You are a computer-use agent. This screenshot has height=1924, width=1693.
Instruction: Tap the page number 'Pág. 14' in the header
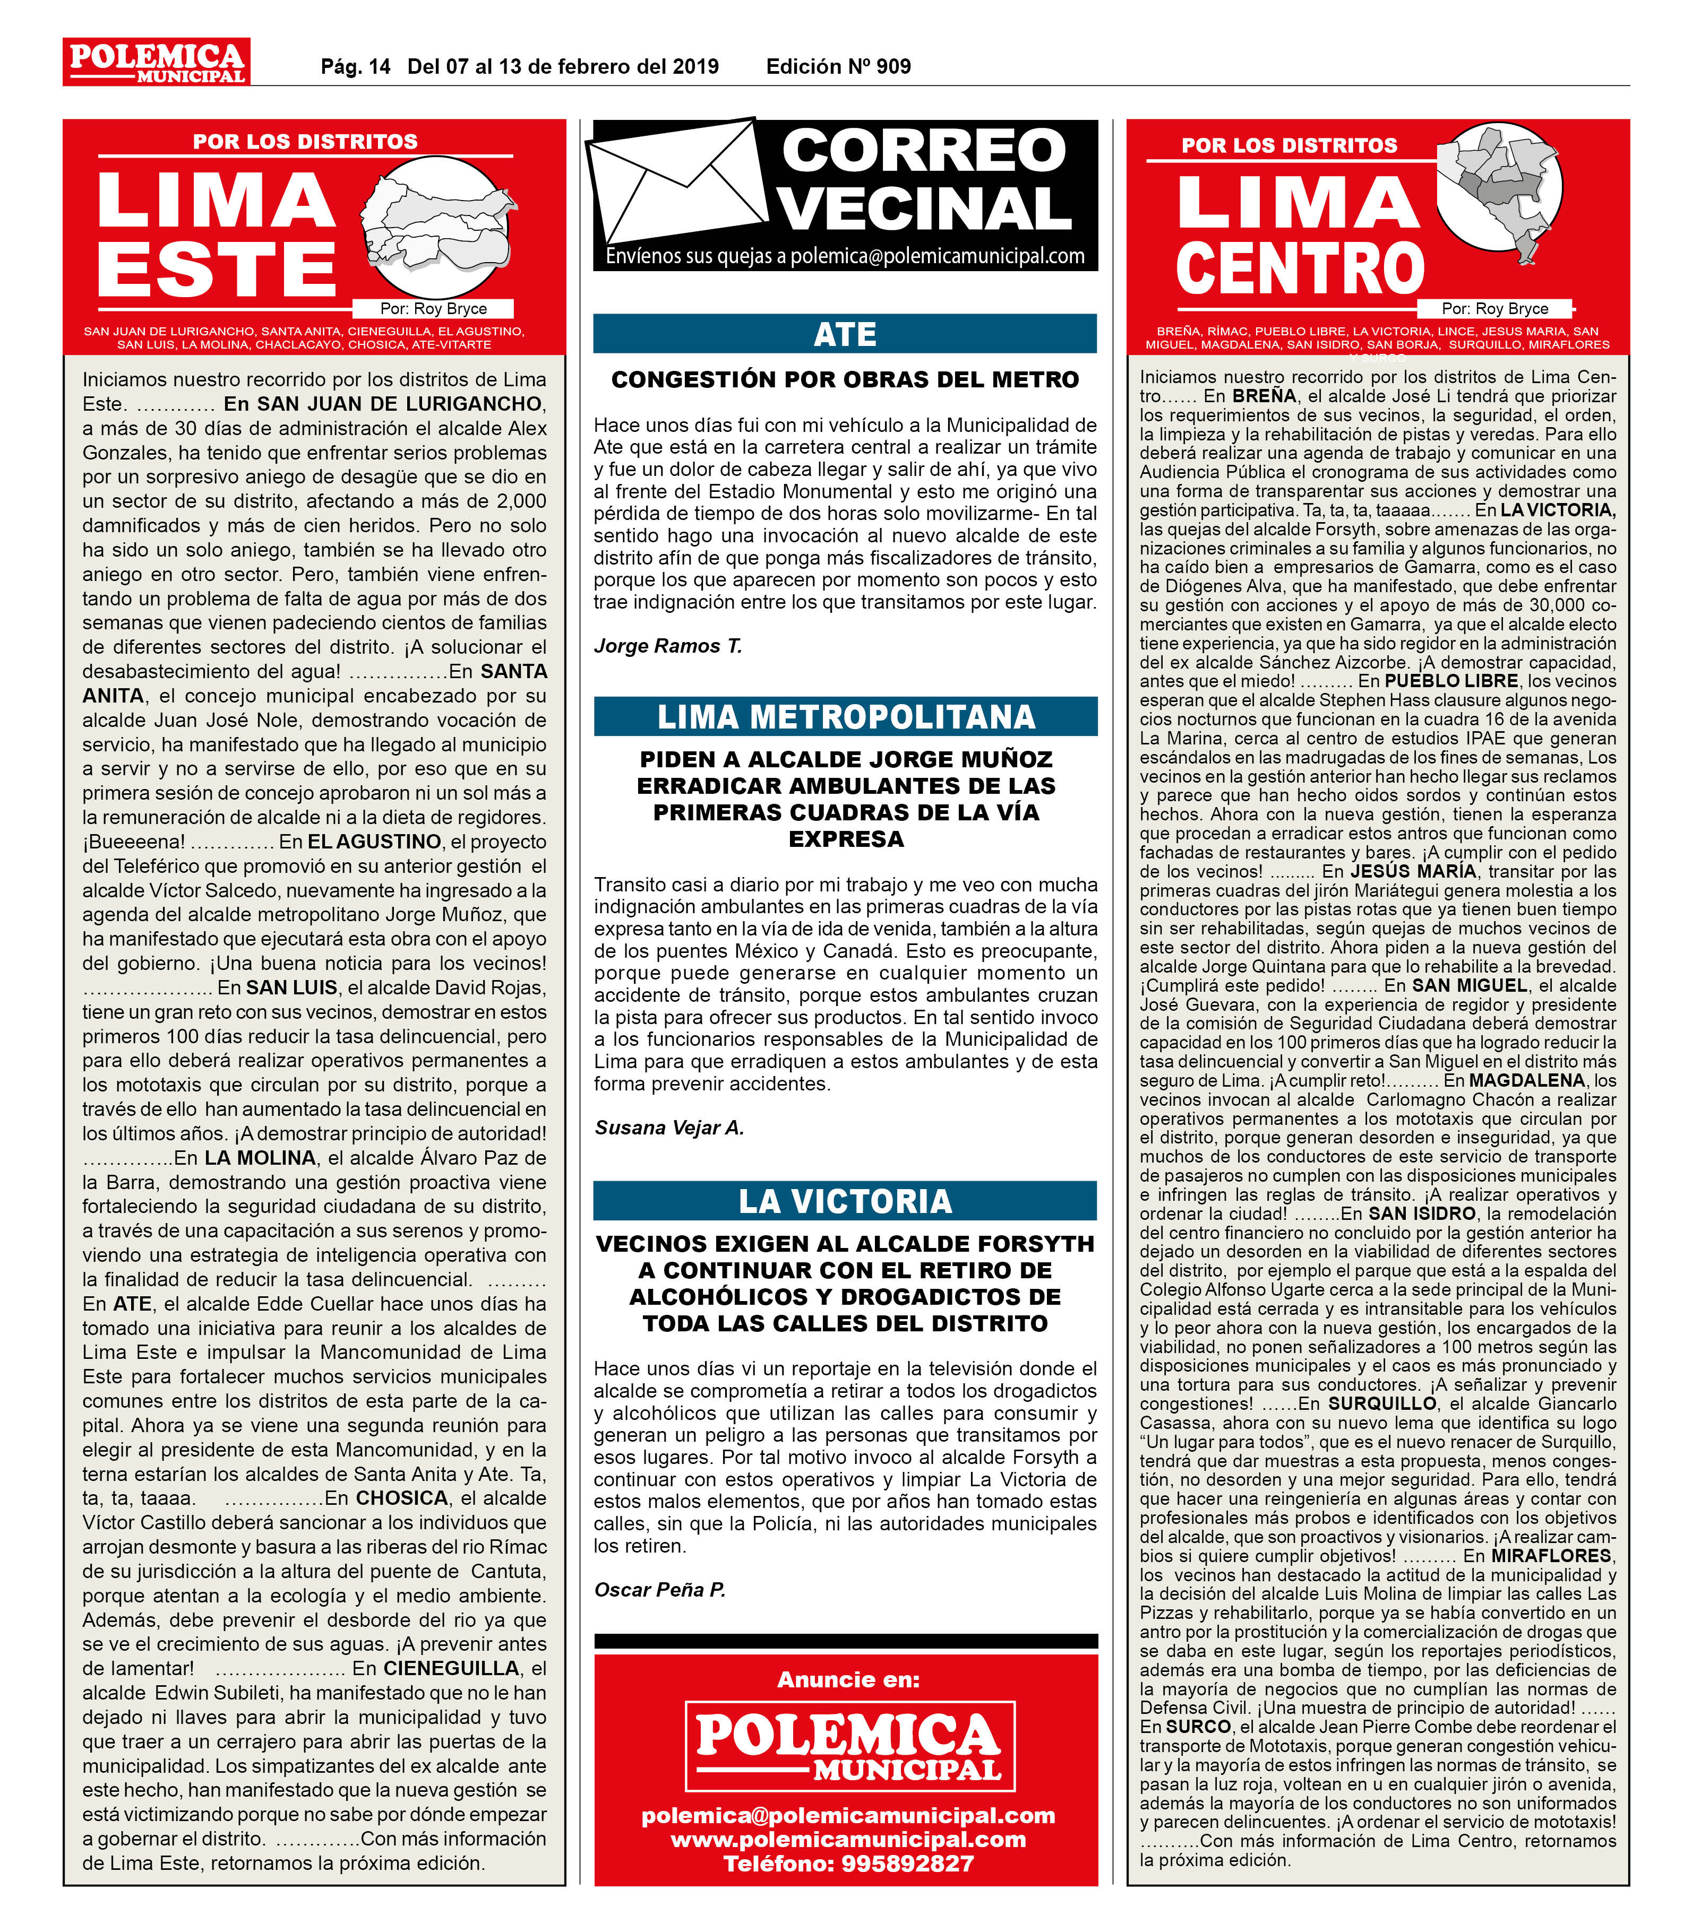tap(355, 67)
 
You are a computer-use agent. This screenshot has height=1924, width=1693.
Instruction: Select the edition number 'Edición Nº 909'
tap(838, 67)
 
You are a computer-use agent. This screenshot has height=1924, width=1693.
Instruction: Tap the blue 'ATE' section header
tap(845, 334)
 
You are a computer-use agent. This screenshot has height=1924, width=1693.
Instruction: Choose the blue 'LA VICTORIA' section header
tap(845, 1201)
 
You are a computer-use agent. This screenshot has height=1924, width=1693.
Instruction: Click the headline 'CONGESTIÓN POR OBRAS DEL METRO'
tap(845, 380)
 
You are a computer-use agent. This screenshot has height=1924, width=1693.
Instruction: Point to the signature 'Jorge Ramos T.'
tap(668, 646)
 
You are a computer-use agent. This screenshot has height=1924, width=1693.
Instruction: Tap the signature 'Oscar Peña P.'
tap(659, 1590)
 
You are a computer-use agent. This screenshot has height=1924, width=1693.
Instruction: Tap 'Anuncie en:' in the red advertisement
tap(847, 1679)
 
